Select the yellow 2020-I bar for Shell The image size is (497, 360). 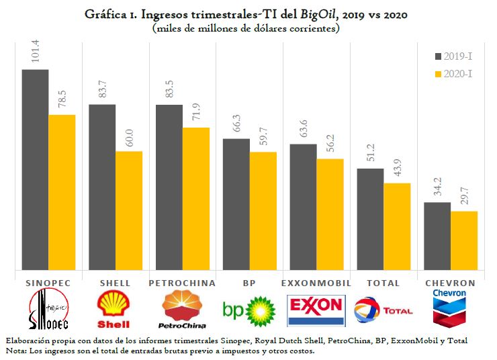[129, 210]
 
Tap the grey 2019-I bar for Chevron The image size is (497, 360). [437, 236]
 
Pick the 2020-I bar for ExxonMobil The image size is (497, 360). [330, 214]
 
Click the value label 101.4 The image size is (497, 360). [35, 54]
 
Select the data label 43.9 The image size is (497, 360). [397, 170]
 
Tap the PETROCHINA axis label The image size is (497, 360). [182, 283]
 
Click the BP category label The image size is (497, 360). [249, 283]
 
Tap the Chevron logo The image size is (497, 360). [450, 308]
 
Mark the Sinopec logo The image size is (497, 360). [48, 310]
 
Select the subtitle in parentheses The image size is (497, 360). [246, 29]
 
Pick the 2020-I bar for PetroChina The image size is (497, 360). [195, 199]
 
